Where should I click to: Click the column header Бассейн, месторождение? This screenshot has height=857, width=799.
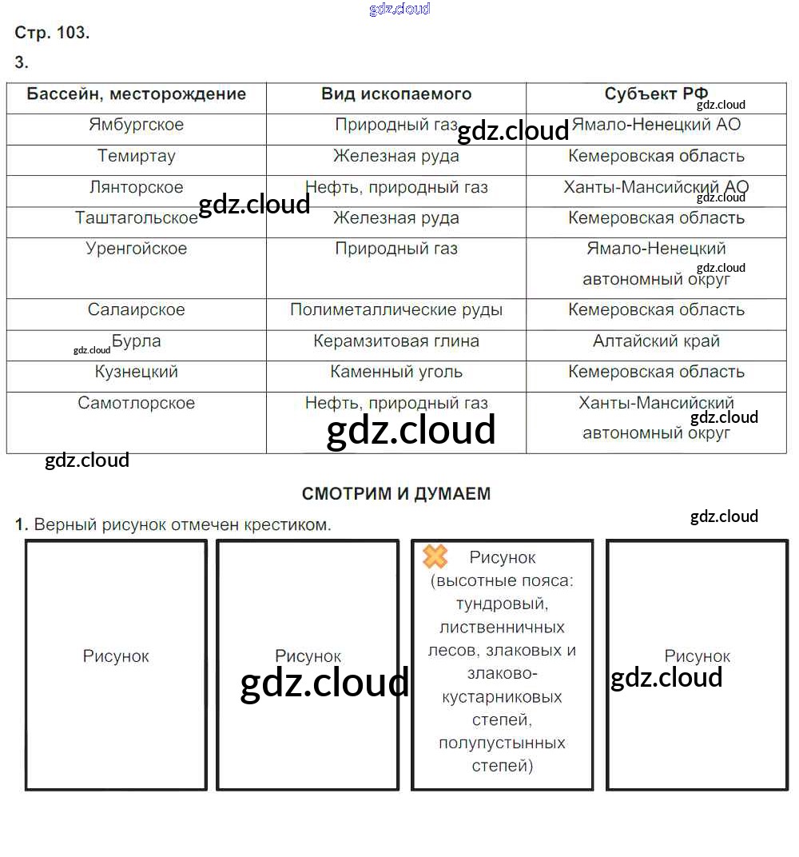136,94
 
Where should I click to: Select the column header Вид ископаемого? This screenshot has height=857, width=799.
396,94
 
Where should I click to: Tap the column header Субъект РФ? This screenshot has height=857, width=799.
655,94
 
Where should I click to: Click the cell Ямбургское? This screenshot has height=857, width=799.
136,125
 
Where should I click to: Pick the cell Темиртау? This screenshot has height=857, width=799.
136,156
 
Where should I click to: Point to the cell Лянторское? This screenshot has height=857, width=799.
136,187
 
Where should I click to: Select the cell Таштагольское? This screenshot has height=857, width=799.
136,218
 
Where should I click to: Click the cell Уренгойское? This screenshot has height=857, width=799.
136,249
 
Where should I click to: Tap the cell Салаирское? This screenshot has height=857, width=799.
136,310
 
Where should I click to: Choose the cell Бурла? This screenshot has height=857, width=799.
137,341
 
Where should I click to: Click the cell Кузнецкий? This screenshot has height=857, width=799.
136,373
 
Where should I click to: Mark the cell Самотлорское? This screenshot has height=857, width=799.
136,403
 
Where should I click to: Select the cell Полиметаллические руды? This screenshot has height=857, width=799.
396,310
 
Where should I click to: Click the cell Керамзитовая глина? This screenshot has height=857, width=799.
396,341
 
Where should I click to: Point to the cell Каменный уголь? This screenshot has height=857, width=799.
396,373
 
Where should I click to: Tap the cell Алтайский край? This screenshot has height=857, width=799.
656,341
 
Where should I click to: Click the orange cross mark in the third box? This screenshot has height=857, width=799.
435,556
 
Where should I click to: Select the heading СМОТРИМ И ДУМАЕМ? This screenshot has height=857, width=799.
396,494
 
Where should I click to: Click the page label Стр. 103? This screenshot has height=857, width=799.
52,33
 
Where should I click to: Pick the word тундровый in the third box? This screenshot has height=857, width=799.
502,604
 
